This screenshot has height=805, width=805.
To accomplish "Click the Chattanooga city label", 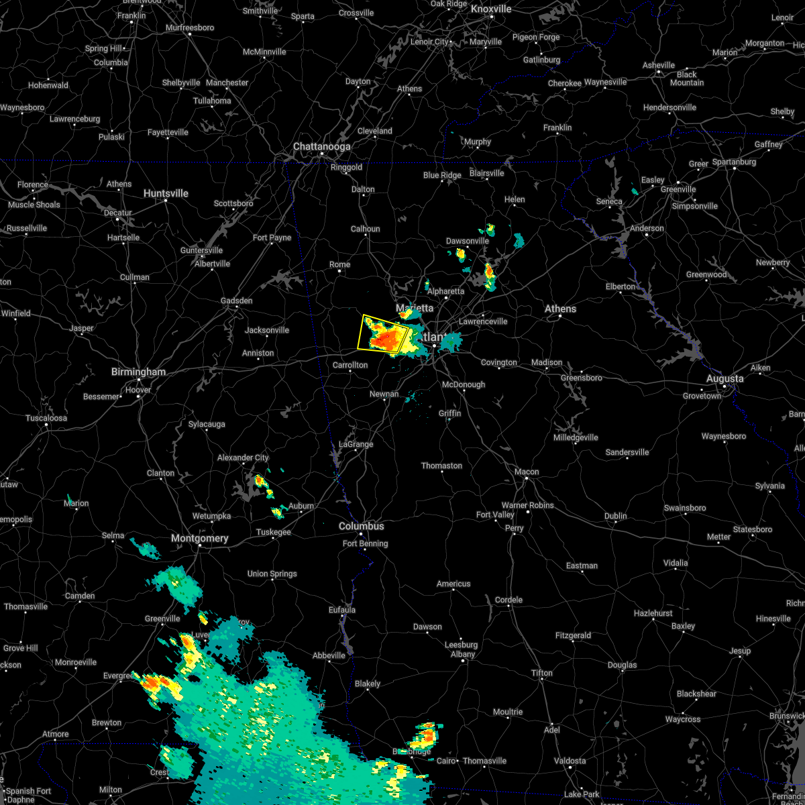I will click(321, 146).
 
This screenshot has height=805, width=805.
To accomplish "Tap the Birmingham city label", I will click(138, 372).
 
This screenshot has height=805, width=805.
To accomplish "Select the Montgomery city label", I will click(199, 538).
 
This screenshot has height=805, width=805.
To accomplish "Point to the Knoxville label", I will click(491, 9).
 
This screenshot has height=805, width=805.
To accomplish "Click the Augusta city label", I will click(724, 378).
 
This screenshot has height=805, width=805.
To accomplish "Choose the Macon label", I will click(527, 472).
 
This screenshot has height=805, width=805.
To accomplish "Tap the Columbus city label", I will click(361, 527).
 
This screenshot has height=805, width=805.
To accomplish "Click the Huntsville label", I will click(166, 193).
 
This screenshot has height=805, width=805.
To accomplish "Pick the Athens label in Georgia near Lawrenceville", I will click(560, 309).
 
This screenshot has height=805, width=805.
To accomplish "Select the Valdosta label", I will click(570, 761).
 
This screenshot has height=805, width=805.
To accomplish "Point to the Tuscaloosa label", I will click(46, 418).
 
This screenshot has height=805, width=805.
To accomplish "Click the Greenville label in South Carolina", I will click(678, 189).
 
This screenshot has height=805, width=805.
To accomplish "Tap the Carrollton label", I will click(350, 365).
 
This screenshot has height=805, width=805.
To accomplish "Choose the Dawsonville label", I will click(468, 241).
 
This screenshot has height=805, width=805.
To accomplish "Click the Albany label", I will click(463, 654).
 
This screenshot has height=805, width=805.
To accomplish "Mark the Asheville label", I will click(659, 65).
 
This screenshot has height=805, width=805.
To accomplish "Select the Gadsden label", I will click(237, 301).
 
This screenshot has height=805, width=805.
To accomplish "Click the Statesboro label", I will click(753, 529).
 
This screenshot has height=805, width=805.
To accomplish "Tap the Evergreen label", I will click(118, 676).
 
